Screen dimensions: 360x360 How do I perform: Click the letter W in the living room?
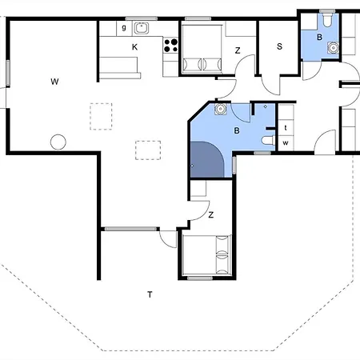coord(54,82)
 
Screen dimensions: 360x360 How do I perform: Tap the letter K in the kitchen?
coord(134,47)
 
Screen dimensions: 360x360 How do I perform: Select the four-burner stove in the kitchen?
coord(170,46)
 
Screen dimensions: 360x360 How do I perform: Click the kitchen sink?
coord(142,28)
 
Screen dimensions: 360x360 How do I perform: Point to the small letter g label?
coord(124,27)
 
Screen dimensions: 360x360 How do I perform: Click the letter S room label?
coord(279,46)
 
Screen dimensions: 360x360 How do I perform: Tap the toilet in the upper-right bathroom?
coord(327,19)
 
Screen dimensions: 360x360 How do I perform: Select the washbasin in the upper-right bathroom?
coord(333,48)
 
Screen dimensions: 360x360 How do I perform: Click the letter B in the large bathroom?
coord(237,130)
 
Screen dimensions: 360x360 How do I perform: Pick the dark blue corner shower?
coord(206,159)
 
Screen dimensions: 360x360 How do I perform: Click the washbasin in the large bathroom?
coord(221,109)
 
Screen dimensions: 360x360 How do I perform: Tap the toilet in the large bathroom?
coord(268,140)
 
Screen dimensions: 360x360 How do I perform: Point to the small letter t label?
coord(286,128)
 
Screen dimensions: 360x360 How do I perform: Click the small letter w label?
coord(286,143)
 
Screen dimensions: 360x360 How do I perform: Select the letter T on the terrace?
coord(150,294)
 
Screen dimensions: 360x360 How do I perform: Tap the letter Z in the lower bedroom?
coord(211,214)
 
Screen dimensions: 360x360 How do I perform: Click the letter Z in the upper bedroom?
coord(238,50)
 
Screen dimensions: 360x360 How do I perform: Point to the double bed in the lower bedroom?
coord(206,255)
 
